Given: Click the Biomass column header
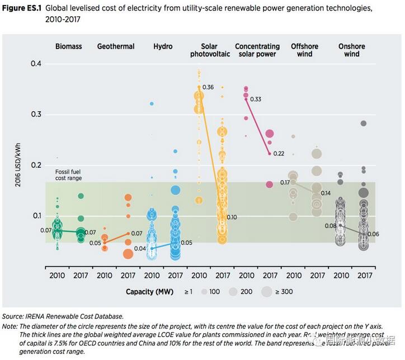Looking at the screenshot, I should [x=68, y=46].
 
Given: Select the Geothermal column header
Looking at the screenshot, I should [x=116, y=46].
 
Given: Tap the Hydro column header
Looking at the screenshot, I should [x=163, y=46].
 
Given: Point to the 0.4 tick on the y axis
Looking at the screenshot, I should [x=36, y=64].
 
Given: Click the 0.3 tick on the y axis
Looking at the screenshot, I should [x=36, y=115].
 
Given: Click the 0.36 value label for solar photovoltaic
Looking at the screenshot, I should [x=208, y=87].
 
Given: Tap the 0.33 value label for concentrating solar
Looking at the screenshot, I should [x=256, y=99].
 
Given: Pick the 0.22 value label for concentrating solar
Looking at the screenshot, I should [x=279, y=154].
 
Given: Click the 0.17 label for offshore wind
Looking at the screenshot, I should [x=285, y=182].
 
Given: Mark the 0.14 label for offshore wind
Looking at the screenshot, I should [x=326, y=193].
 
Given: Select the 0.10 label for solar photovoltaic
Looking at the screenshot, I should [x=232, y=217].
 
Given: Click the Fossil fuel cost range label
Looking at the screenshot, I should [x=68, y=175].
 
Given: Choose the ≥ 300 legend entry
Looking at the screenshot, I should [x=283, y=291].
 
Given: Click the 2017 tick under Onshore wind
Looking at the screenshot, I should [x=364, y=276].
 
